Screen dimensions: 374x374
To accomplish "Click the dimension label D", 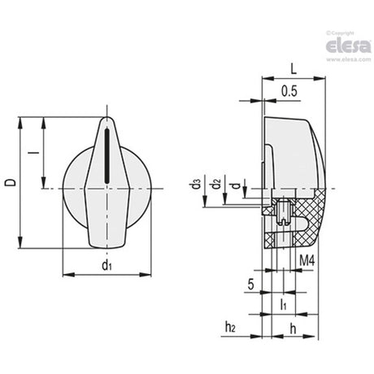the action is [x=11, y=182].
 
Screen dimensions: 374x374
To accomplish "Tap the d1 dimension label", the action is [x=107, y=264].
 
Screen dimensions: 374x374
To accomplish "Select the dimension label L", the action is [x=294, y=70].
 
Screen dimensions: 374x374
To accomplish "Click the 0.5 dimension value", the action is [x=289, y=91].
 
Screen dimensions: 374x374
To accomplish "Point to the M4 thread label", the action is [x=307, y=261].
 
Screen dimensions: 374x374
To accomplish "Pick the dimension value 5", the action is [x=251, y=285].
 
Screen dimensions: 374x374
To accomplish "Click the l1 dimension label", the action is [x=284, y=304].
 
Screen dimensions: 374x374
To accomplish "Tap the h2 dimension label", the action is [x=230, y=327].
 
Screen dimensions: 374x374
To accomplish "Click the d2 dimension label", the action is [x=216, y=184].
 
